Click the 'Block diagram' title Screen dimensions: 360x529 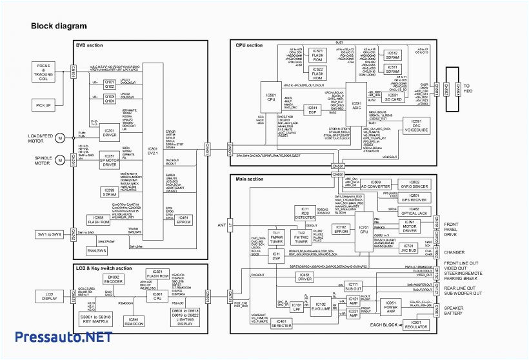coord(59,26)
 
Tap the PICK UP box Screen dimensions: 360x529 coord(44,105)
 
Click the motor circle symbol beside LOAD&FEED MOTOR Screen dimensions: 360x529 coord(60,137)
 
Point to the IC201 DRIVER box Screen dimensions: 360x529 coord(110,133)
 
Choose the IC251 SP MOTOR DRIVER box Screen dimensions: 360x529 coord(110,159)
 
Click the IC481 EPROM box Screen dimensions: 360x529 coord(183,219)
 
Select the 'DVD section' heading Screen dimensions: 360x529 coord(89,45)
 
